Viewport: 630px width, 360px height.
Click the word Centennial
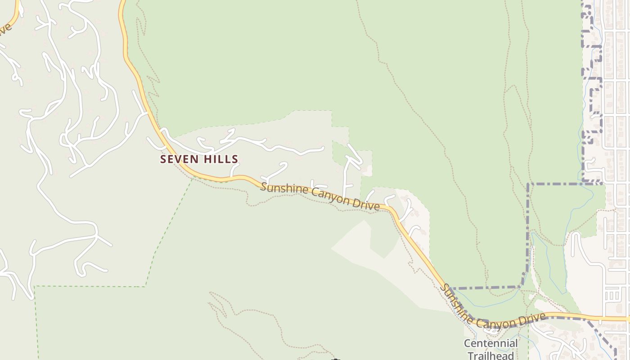(491, 344)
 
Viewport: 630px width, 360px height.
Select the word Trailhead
(490, 355)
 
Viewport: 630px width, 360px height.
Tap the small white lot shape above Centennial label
(492, 330)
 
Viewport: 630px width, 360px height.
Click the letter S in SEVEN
(163, 159)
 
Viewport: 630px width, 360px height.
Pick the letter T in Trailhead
(470, 355)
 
